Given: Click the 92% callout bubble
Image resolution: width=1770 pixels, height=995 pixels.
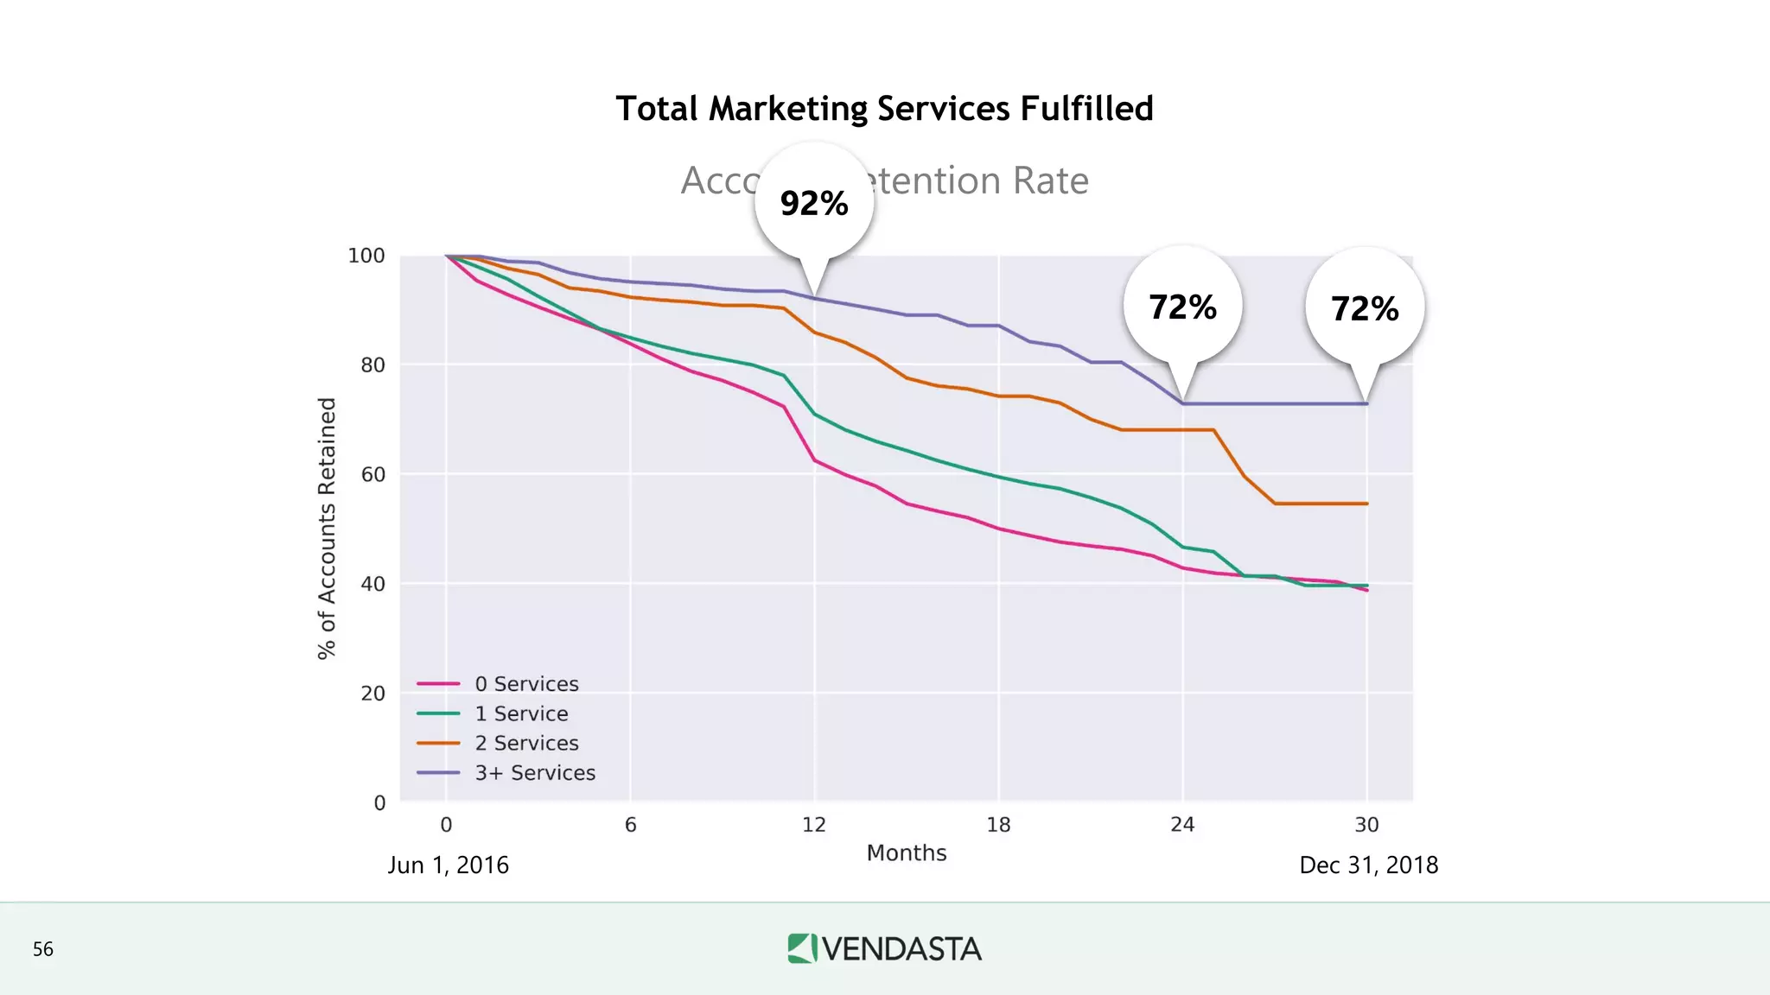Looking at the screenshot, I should [813, 204].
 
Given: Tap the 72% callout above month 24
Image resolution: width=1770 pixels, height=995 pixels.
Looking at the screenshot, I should [1182, 307].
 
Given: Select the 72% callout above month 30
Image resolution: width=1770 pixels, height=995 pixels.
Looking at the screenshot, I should [1365, 309].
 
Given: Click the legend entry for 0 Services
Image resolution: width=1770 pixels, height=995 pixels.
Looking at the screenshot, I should [525, 684].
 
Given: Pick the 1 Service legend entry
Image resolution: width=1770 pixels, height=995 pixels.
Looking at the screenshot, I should [520, 713].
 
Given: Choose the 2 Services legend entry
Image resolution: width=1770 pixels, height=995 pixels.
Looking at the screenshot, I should [525, 743].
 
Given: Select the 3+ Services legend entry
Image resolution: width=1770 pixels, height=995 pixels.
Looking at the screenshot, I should [534, 773].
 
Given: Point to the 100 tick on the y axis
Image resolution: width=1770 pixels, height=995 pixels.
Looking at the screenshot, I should [366, 256].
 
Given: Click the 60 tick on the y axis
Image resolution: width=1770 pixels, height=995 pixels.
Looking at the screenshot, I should [372, 474].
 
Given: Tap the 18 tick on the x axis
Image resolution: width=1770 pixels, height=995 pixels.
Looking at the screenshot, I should [998, 825].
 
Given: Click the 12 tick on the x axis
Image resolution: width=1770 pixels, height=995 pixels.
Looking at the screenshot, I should [814, 825].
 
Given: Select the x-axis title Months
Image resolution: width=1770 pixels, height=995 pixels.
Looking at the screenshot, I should [907, 853].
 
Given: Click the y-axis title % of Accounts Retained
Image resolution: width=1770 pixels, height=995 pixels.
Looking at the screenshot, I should [327, 529].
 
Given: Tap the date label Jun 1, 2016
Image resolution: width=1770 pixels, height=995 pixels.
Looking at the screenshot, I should [448, 865].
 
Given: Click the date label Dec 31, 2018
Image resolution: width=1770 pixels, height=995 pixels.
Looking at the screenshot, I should [1368, 865].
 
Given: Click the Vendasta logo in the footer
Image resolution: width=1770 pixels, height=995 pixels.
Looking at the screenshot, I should [884, 948].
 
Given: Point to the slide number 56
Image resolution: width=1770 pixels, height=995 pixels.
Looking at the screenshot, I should [43, 949].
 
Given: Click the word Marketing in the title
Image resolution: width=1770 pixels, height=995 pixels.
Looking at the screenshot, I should [787, 110].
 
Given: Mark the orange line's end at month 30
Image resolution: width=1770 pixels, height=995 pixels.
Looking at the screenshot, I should [1366, 504].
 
